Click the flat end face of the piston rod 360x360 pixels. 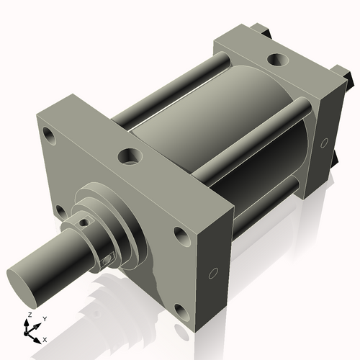point(27,279)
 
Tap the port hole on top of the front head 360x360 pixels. point(130,155)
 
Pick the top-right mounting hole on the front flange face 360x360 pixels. point(180,235)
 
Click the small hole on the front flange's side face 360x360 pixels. point(212,273)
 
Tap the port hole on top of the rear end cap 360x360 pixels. point(274,60)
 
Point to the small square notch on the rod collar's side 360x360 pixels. point(108,258)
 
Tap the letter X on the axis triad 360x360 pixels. point(45,338)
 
